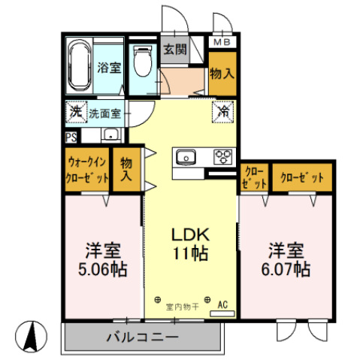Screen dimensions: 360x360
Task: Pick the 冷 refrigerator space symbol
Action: [x=224, y=110]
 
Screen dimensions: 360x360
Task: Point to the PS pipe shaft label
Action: [x=71, y=137]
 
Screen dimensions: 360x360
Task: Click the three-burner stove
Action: [x=224, y=157]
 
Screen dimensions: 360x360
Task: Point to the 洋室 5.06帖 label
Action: [x=103, y=259]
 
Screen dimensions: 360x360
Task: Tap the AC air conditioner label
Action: [x=222, y=304]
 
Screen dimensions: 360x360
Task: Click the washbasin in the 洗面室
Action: [x=111, y=136]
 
